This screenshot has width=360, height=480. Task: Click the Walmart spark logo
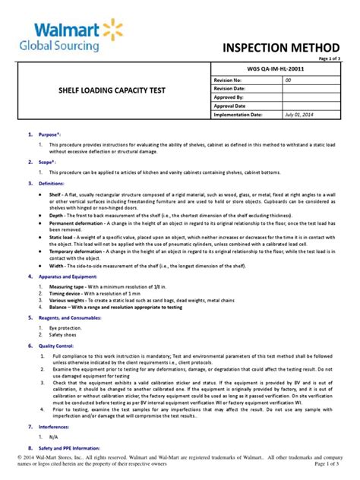tap(109, 33)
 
